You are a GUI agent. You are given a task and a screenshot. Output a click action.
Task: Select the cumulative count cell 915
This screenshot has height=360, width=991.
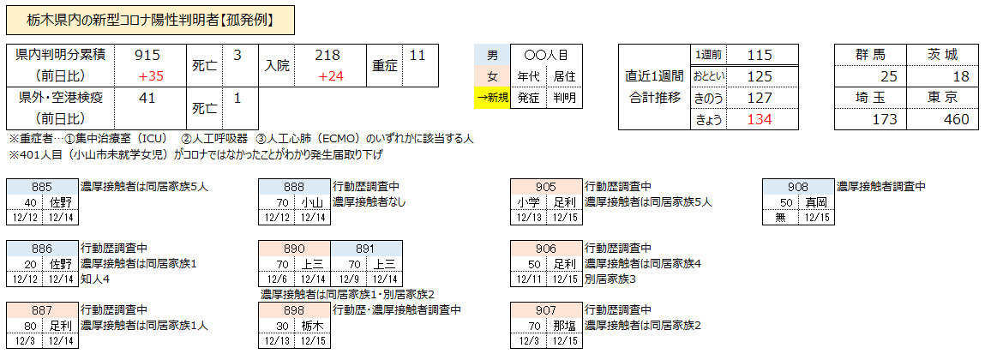[x=148, y=55]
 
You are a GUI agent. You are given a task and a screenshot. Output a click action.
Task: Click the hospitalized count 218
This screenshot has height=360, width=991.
[x=327, y=55]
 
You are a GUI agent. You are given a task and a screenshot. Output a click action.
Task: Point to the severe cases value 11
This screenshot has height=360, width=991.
[x=417, y=55]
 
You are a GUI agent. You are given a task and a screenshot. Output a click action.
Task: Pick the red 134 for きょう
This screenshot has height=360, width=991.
[x=760, y=118]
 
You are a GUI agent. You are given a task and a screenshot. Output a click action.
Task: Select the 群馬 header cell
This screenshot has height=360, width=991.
[x=870, y=55]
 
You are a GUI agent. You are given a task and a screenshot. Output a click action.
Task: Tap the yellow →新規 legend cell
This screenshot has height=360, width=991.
[x=492, y=98]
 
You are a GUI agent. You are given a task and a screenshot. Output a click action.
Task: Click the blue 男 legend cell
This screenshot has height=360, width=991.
[x=492, y=55]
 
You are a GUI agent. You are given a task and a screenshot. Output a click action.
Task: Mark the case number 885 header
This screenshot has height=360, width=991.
[x=42, y=187]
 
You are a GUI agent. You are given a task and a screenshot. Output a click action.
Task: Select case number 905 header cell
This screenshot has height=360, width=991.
[x=545, y=187]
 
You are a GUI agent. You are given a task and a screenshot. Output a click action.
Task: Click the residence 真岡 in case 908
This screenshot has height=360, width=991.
[x=815, y=202]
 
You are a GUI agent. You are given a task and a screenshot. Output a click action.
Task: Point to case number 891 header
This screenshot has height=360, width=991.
[x=365, y=249]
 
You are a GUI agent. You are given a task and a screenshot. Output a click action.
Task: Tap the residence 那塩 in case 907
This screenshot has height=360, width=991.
[x=563, y=326]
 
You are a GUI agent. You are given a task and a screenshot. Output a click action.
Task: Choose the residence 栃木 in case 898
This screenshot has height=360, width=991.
[x=311, y=326]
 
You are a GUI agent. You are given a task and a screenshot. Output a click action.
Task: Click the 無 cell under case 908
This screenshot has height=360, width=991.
[x=779, y=218]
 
